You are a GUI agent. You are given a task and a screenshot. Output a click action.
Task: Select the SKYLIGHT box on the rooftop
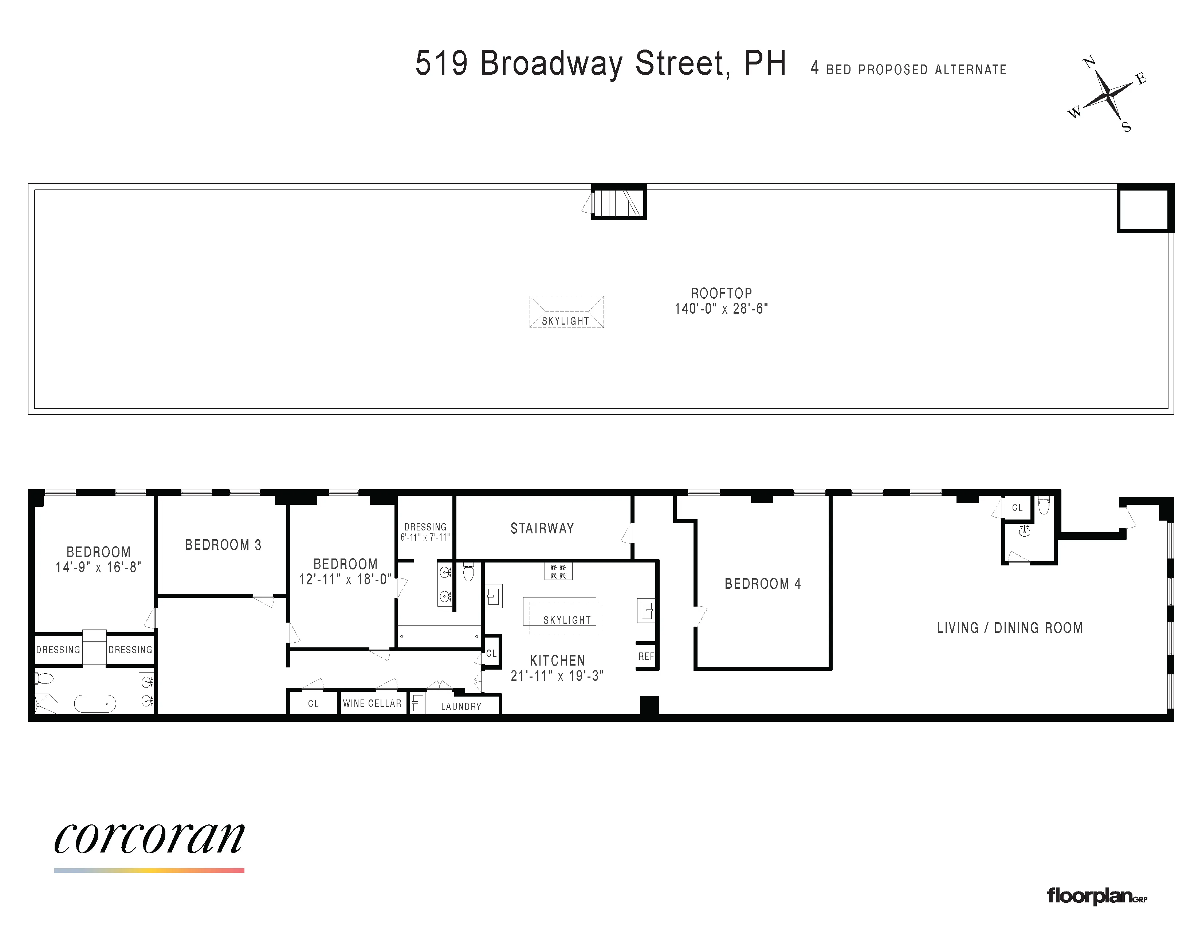566,312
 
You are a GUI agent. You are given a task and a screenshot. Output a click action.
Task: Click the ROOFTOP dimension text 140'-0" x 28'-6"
721,309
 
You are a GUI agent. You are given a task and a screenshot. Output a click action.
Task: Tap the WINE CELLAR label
372,703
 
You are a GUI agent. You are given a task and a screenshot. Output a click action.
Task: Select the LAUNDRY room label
461,707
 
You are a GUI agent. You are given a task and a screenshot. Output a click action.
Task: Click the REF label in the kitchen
646,656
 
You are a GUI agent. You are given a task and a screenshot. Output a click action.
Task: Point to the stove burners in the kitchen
558,571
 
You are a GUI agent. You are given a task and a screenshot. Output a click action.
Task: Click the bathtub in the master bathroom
95,703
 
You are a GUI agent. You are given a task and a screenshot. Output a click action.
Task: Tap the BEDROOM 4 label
762,584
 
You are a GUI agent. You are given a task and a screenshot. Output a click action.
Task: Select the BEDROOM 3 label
223,545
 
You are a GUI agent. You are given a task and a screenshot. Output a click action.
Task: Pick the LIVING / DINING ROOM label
1009,628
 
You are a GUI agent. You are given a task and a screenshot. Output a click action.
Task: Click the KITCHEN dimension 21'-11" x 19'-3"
557,676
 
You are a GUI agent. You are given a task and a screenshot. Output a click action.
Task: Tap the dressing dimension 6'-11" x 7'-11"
425,537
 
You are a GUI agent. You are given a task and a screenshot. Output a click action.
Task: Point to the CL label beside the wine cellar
313,704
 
